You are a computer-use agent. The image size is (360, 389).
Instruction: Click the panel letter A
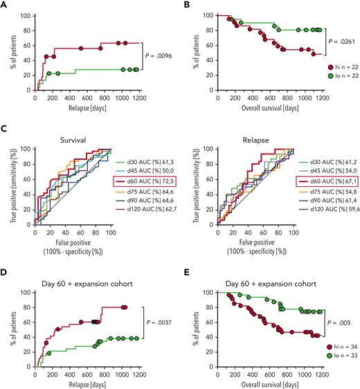coord(5,5)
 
